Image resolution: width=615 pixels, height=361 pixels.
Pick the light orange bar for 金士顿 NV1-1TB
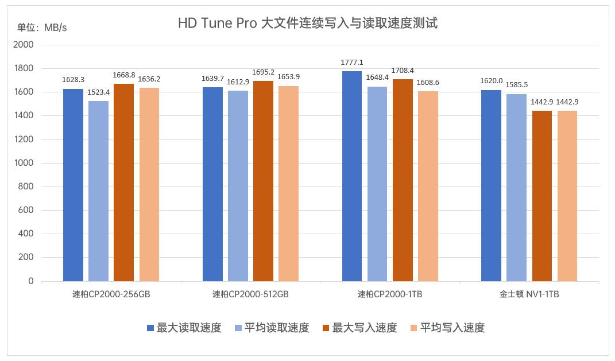(x=567, y=196)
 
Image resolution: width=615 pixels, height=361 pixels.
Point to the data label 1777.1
(x=352, y=63)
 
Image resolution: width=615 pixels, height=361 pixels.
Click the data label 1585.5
(x=517, y=85)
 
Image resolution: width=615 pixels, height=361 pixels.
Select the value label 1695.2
(x=263, y=72)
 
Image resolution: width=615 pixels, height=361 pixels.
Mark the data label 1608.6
(x=428, y=82)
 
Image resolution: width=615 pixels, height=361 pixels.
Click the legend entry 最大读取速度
(x=184, y=328)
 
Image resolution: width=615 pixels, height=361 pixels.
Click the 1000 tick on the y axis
(x=24, y=163)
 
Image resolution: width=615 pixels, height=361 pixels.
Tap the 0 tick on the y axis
(x=30, y=281)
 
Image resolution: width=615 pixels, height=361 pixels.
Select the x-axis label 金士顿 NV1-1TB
(x=529, y=294)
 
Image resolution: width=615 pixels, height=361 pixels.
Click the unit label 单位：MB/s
(x=42, y=28)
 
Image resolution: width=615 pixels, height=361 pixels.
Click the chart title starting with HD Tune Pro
(x=308, y=24)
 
